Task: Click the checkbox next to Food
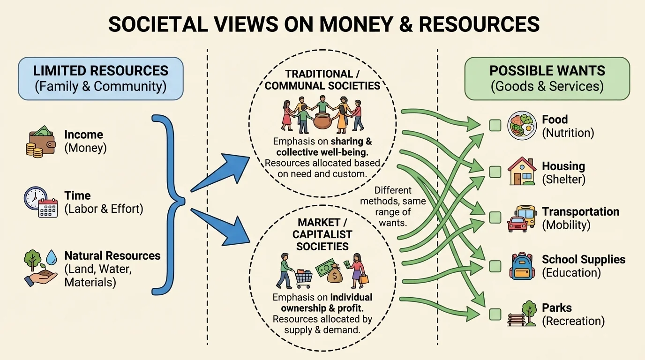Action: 495,125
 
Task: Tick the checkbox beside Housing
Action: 495,172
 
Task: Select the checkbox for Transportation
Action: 495,217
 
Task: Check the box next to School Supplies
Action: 495,266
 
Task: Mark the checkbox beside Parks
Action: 495,314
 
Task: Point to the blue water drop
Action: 52,257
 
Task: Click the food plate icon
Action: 522,126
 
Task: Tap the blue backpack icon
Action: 522,266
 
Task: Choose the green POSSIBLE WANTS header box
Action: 547,78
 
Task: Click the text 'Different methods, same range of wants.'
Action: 393,206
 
